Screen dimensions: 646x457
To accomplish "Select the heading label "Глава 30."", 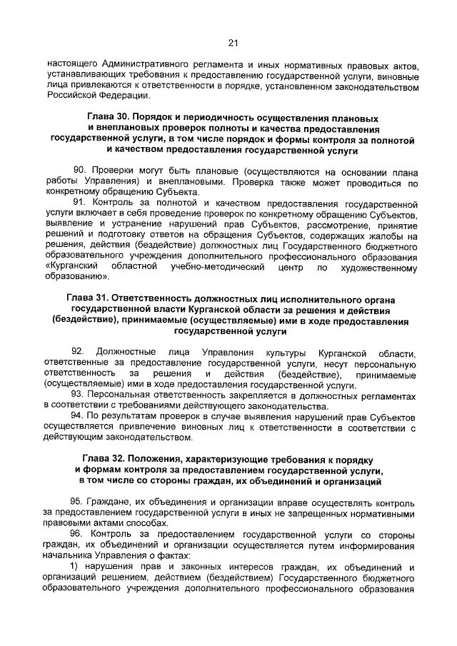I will click(110, 117).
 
